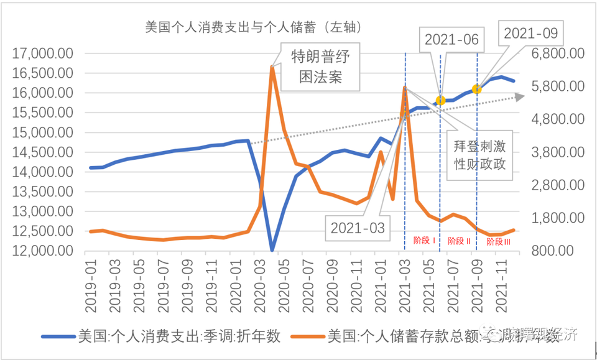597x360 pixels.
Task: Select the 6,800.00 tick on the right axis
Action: (x=558, y=53)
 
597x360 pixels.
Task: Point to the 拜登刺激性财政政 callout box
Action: (x=478, y=153)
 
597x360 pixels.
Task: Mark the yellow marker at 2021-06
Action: (x=440, y=100)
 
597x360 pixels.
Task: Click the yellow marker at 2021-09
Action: (x=477, y=89)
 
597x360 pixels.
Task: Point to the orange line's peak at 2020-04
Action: (x=272, y=67)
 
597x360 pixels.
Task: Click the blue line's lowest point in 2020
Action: (x=272, y=250)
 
